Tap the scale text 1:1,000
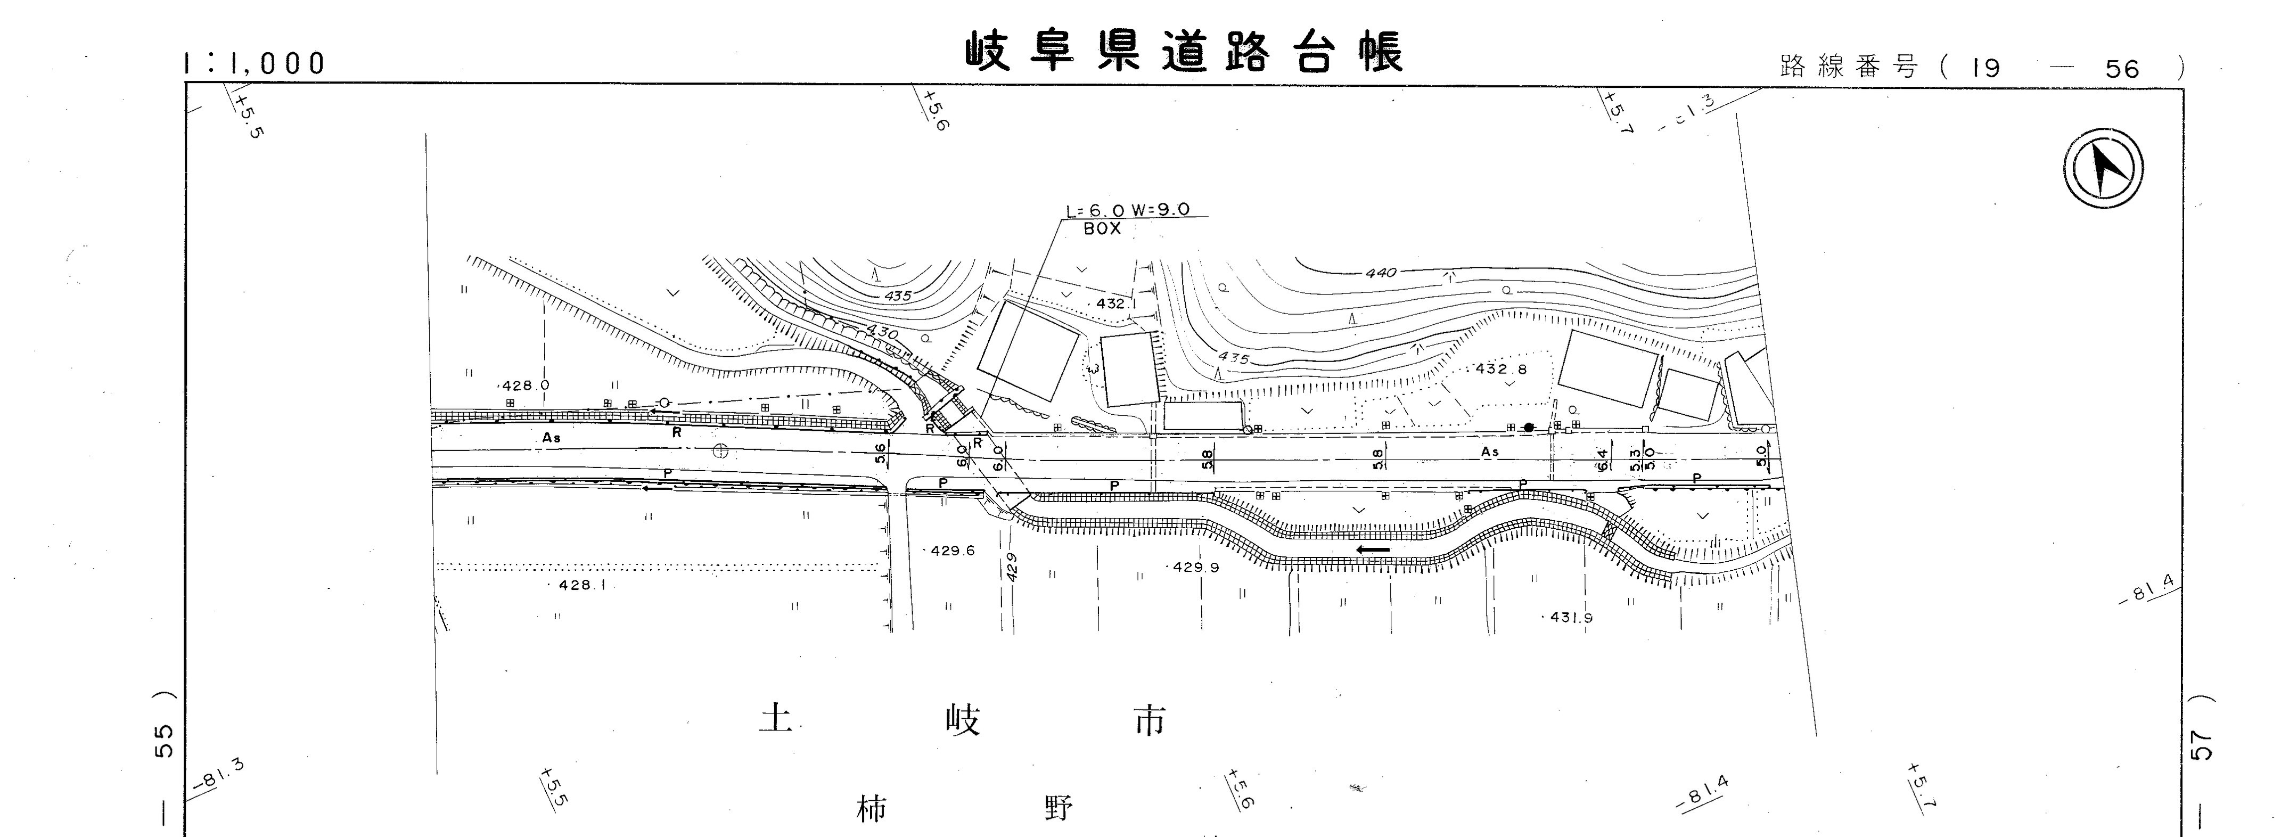254,63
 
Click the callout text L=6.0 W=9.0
1128,211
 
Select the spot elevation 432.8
1501,369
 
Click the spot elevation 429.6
953,551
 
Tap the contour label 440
1381,273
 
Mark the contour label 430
882,331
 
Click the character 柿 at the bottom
871,809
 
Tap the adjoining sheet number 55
165,741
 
